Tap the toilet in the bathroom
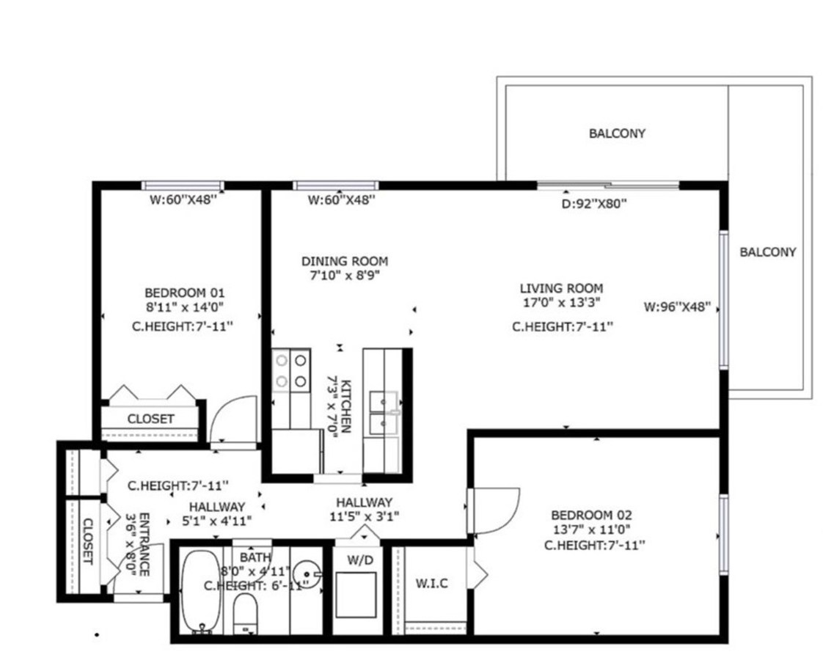(x=246, y=612)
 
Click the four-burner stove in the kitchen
(x=290, y=370)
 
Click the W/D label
(x=359, y=560)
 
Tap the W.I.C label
(x=431, y=584)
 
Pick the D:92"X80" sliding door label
(x=593, y=205)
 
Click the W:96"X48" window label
(x=677, y=307)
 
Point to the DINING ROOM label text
(x=345, y=261)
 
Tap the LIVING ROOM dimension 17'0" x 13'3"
(x=561, y=302)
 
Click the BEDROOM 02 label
(x=591, y=515)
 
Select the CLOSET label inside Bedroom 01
(x=151, y=419)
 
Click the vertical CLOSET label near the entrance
(x=87, y=541)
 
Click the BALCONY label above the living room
(x=617, y=133)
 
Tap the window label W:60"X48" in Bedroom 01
(x=183, y=199)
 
